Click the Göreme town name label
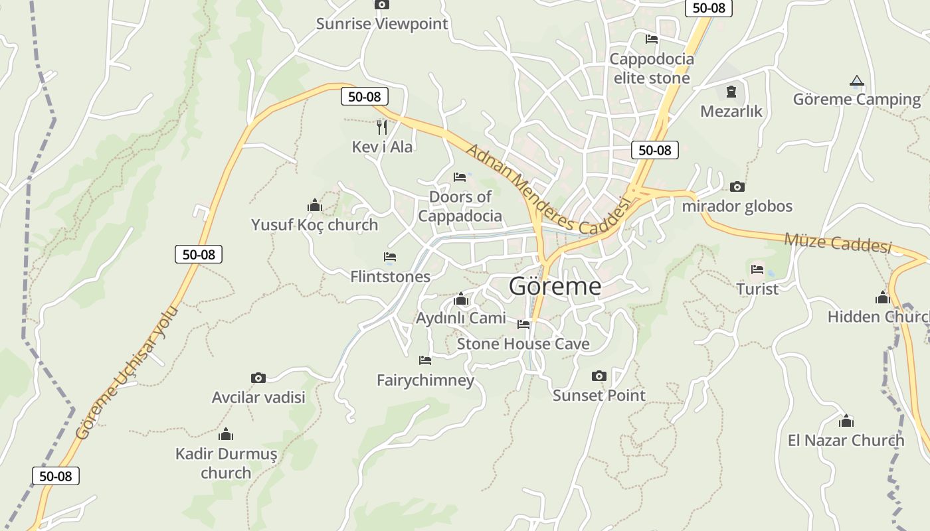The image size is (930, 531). click(x=555, y=286)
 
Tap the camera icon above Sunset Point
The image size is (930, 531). click(x=599, y=376)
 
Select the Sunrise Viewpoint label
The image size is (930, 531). click(x=382, y=24)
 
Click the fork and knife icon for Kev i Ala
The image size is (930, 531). click(x=382, y=127)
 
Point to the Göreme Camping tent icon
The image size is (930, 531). click(x=857, y=82)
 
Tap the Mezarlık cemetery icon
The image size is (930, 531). click(x=731, y=92)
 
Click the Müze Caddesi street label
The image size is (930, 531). click(x=837, y=242)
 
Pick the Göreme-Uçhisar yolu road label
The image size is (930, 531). click(x=127, y=372)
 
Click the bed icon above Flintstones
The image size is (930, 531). click(x=390, y=257)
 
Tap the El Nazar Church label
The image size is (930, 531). click(x=846, y=440)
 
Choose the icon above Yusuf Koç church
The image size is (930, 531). click(x=314, y=205)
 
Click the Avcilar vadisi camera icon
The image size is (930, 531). click(x=258, y=378)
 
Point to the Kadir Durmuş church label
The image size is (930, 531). click(x=226, y=463)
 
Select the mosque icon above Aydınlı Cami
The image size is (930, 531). click(x=460, y=299)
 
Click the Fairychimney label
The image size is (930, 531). click(x=425, y=380)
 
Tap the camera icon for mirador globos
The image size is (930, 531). click(x=737, y=187)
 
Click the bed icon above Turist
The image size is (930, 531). click(x=757, y=269)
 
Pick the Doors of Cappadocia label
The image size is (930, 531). click(x=460, y=206)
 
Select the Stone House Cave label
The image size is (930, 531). click(x=523, y=344)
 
